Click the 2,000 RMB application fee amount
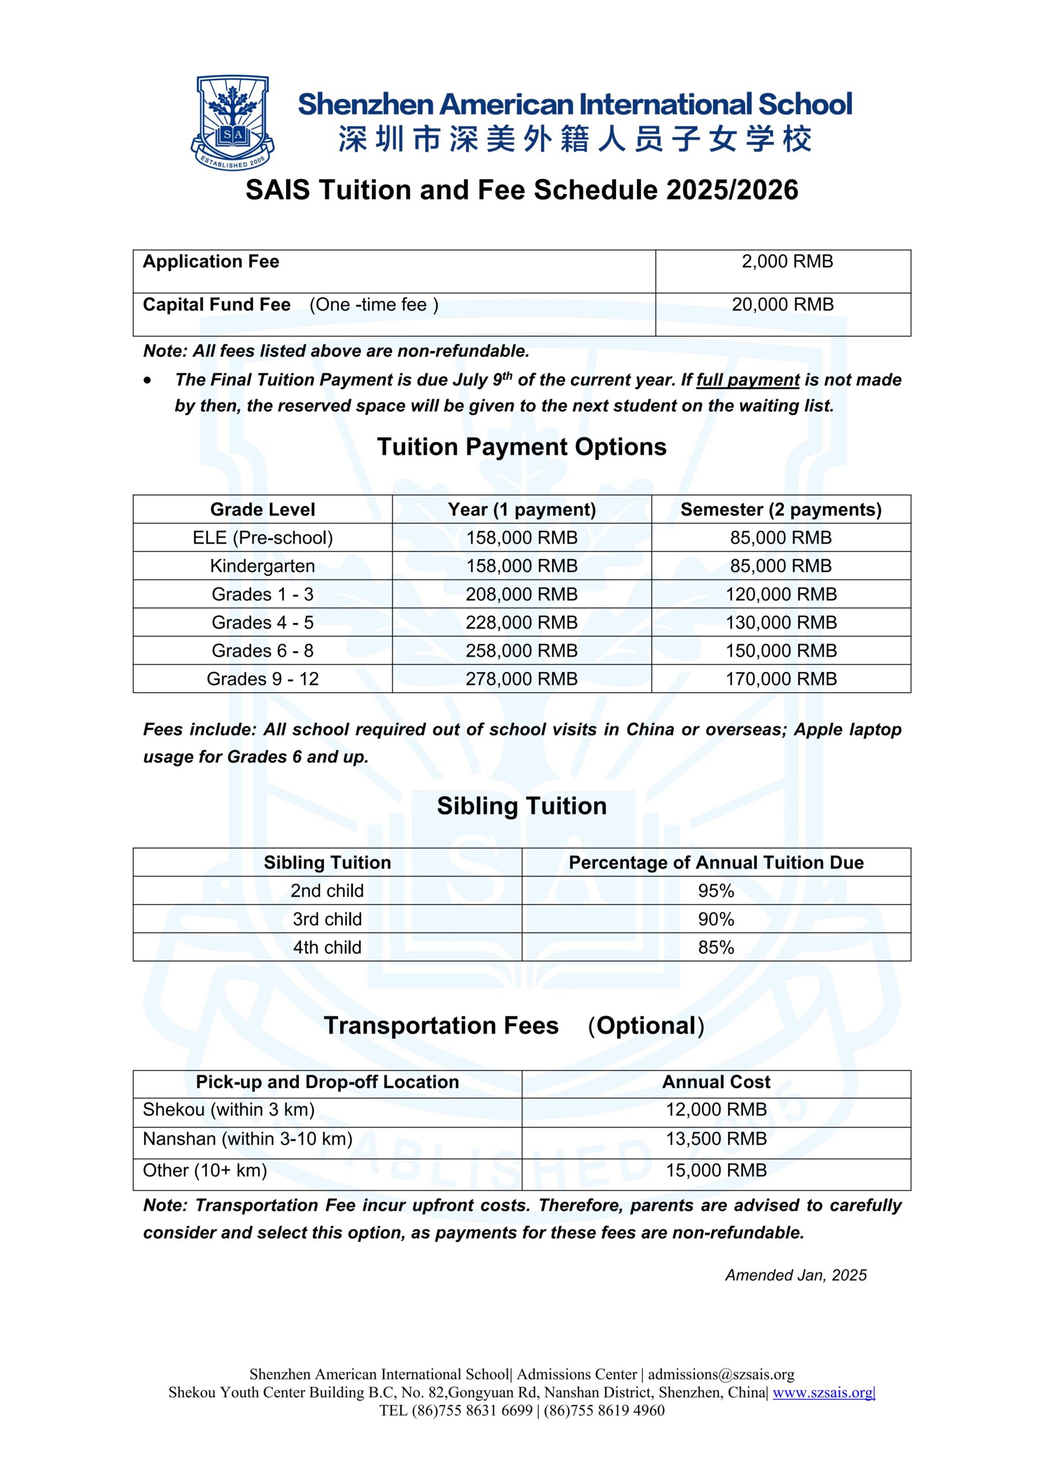(787, 262)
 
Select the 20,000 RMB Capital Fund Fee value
(782, 305)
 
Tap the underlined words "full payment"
(748, 380)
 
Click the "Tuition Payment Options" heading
(521, 447)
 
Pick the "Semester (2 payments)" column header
(781, 509)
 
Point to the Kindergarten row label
(262, 566)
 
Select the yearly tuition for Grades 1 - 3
(521, 594)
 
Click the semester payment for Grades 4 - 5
(781, 623)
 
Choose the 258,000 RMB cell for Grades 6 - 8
(521, 651)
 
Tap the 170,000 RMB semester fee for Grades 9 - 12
(781, 679)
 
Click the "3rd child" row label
(328, 919)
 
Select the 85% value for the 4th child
(716, 947)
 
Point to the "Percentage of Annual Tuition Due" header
(716, 863)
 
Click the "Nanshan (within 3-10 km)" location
(247, 1139)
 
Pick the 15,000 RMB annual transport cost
(716, 1170)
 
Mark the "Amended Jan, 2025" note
(796, 1276)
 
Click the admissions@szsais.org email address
(720, 1375)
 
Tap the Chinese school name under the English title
(574, 140)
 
